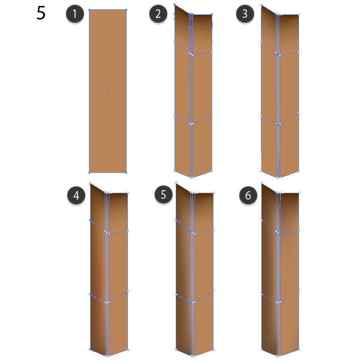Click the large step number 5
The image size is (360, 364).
click(x=41, y=13)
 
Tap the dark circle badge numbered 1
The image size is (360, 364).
click(x=75, y=14)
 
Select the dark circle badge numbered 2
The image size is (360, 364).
click(x=158, y=14)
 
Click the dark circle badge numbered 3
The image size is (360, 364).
click(x=245, y=14)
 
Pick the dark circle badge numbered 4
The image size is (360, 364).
click(x=76, y=195)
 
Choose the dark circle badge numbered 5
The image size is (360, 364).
click(x=163, y=195)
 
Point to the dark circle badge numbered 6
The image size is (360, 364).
click(x=248, y=195)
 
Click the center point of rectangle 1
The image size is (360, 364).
click(x=108, y=91)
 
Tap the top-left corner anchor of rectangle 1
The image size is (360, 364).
click(x=89, y=10)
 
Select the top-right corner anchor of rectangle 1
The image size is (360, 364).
click(x=126, y=10)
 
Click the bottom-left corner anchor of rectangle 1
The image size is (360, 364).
click(x=89, y=173)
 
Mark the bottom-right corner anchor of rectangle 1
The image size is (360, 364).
click(x=126, y=173)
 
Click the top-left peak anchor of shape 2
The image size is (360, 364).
click(x=174, y=4)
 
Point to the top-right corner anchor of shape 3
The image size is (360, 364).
click(x=299, y=15)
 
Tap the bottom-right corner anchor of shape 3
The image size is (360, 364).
click(x=299, y=171)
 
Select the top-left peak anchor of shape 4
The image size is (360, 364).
click(x=90, y=183)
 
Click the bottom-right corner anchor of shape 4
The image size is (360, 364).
click(x=128, y=349)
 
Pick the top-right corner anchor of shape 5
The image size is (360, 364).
click(x=213, y=193)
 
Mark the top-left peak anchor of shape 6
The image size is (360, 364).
click(x=262, y=183)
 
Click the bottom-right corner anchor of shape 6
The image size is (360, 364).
click(x=299, y=350)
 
